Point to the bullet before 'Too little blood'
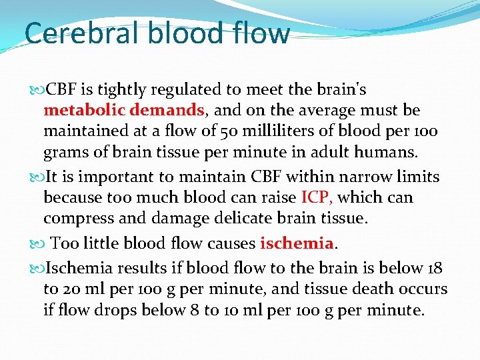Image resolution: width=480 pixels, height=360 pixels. click(36, 243)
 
